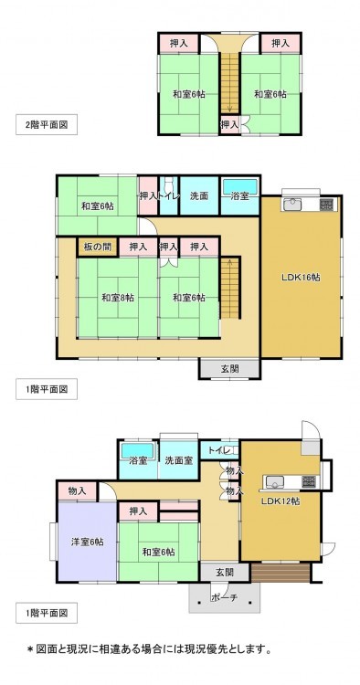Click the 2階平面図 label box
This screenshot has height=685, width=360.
[x=47, y=124]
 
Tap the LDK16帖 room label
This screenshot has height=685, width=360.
[x=300, y=277]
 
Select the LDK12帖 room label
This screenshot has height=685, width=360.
[x=280, y=501]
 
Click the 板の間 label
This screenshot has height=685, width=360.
[x=98, y=247]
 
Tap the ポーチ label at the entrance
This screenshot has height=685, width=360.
[x=224, y=597]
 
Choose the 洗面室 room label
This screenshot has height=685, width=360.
[x=179, y=460]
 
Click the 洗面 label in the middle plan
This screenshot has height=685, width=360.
[x=199, y=195]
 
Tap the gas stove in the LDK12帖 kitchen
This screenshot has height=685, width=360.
[x=309, y=481]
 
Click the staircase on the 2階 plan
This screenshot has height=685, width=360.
[x=229, y=83]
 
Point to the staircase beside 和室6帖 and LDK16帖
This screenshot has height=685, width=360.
[x=230, y=288]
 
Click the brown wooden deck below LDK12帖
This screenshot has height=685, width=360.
[x=281, y=573]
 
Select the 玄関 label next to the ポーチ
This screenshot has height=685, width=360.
[x=225, y=572]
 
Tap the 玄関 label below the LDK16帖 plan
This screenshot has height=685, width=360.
[x=229, y=369]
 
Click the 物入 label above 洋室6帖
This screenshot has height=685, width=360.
[x=77, y=491]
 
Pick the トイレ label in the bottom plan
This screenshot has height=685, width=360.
[x=217, y=450]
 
